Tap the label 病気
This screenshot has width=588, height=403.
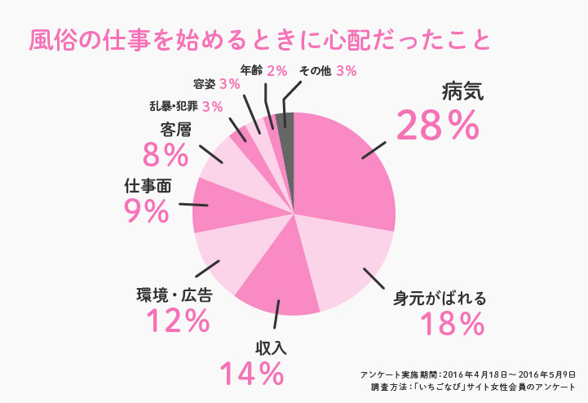pos(462,91)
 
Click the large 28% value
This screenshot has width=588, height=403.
pos(437,126)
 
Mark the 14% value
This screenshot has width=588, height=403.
pos(252,374)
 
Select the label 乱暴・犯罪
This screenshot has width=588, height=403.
pos(174,107)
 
